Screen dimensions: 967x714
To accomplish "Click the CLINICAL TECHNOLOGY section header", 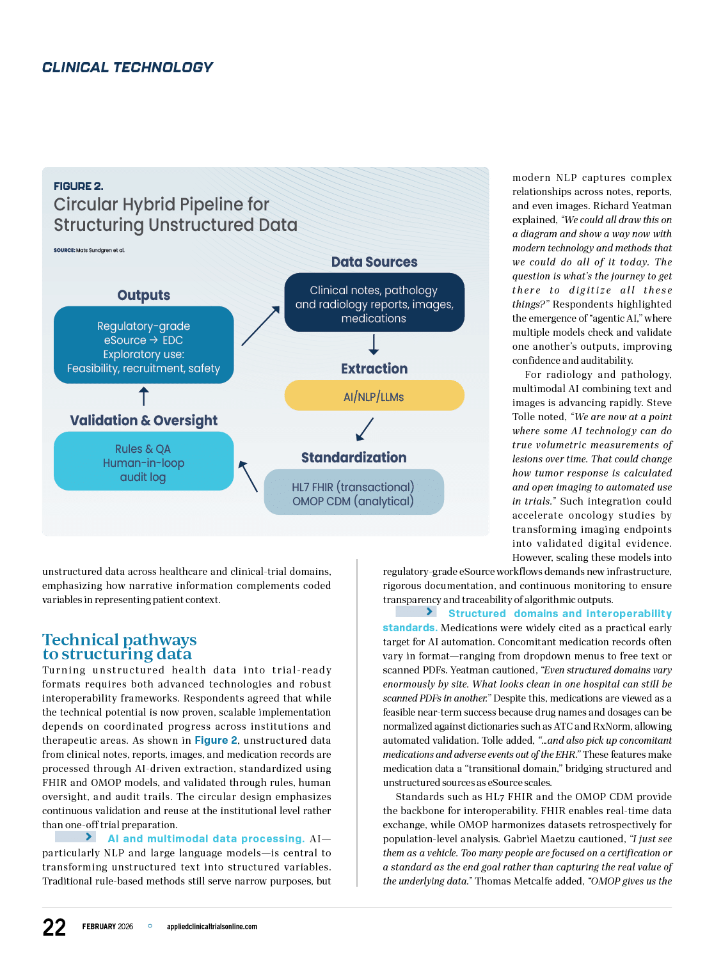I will (127, 67).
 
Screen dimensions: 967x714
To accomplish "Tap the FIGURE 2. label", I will (78, 186).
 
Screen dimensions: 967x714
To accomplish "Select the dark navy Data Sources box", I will (374, 303).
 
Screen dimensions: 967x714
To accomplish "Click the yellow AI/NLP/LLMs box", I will (374, 396).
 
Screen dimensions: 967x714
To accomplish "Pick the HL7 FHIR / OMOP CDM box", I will (353, 492).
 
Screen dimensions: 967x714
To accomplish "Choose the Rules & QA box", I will (143, 462).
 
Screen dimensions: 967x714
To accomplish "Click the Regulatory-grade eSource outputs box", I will (143, 345).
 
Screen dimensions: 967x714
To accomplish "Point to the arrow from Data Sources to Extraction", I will (374, 344).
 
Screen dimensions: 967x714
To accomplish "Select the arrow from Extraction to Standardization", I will (365, 428).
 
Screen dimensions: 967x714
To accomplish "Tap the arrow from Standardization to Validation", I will (248, 476).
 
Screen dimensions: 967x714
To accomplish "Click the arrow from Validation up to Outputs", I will (144, 396).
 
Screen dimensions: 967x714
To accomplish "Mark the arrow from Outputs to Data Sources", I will (260, 326).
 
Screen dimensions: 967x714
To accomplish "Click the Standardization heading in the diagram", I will (354, 457).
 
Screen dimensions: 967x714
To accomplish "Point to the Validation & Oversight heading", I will (144, 420).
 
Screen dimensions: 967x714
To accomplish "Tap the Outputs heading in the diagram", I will (144, 295).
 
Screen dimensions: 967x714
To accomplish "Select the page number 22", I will (54, 927).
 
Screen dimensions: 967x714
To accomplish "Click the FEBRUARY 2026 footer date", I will (107, 927).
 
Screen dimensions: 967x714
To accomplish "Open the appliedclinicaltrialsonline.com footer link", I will (212, 927).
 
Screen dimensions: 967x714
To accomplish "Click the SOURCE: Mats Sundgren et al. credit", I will (89, 250).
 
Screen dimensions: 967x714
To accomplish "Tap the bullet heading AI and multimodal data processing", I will (206, 838).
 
